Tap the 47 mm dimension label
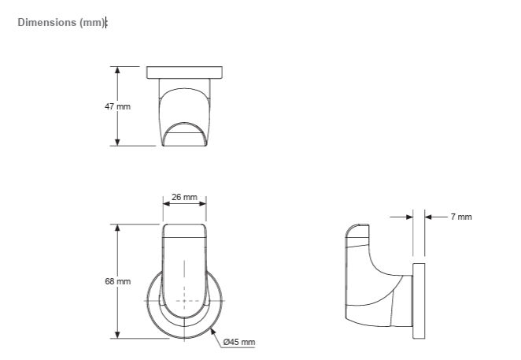click(x=117, y=106)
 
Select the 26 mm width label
click(x=184, y=197)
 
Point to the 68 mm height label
click(x=117, y=281)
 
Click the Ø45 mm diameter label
click(x=239, y=342)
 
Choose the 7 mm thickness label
click(x=461, y=217)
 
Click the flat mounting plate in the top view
click(x=185, y=72)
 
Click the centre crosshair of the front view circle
click(x=184, y=302)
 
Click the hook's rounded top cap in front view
click(x=184, y=230)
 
